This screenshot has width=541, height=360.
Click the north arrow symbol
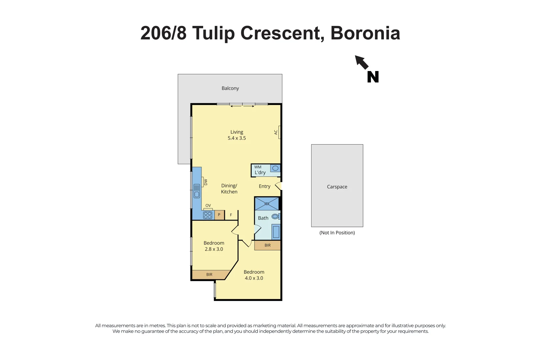(362, 62)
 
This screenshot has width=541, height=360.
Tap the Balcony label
(230, 88)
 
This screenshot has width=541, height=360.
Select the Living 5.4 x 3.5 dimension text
(236, 138)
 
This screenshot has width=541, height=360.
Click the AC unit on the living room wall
(279, 132)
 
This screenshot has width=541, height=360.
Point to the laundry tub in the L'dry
(275, 168)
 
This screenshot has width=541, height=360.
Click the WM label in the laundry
(258, 167)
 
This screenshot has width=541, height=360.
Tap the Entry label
(264, 186)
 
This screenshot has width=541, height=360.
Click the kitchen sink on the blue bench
(197, 191)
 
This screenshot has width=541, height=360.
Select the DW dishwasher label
(205, 182)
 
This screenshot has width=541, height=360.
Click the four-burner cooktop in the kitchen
(208, 215)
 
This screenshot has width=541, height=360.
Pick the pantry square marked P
(219, 215)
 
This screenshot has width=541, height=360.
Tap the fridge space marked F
(231, 215)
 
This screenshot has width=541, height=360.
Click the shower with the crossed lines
(267, 204)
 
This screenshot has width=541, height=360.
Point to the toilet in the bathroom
(275, 217)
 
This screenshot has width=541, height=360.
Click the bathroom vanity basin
(276, 232)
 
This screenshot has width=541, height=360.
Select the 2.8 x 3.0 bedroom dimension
(214, 249)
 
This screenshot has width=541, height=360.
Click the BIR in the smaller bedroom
(209, 275)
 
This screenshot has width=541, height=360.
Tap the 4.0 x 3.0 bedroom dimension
(254, 278)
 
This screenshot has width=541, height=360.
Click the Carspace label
(337, 187)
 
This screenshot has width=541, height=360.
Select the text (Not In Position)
(337, 233)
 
